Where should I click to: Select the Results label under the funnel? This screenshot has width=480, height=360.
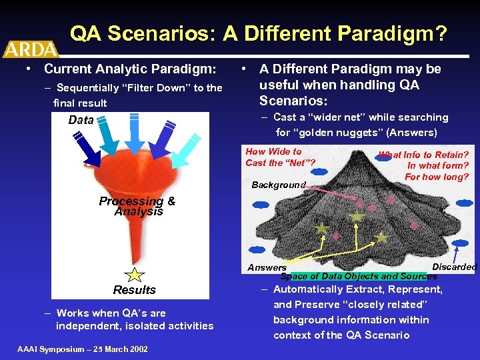pos(134,290)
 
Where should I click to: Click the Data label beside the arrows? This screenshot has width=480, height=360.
pos(81,120)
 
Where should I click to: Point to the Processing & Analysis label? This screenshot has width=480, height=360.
pos(137,206)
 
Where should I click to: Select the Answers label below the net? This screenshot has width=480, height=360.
pos(267,267)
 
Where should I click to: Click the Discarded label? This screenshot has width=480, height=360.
pos(455,267)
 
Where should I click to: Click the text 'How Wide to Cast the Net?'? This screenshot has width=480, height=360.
pos(280,157)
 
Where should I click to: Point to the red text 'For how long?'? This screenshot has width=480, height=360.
pos(437,177)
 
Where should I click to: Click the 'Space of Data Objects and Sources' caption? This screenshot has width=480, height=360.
pos(359,276)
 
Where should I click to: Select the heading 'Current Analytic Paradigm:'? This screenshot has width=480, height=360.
pos(129,69)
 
